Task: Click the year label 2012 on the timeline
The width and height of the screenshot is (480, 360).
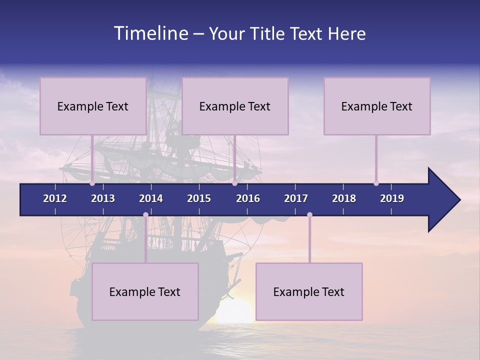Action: coord(55,198)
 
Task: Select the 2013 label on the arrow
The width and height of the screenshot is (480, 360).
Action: coord(103,198)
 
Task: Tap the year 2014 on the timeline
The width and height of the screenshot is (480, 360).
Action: coord(151,198)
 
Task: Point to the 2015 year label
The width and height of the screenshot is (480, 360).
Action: coord(199,198)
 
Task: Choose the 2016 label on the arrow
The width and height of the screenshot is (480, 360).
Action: coord(248,198)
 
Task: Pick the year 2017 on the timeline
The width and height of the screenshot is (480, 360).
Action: coord(296,198)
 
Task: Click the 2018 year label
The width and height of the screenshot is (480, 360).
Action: coord(344,198)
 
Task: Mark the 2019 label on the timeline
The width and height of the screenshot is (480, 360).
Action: coord(392,198)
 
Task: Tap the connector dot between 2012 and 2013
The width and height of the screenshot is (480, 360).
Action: coord(92,183)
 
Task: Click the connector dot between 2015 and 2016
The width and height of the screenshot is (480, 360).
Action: coord(234,183)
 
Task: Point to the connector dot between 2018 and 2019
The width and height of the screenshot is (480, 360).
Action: coord(376,183)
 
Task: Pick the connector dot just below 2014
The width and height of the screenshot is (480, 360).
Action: coord(145,215)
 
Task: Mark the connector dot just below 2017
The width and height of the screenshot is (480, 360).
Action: coord(309,215)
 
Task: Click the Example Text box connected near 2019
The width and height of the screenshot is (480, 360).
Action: coord(377,106)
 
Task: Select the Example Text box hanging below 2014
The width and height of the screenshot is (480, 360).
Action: coord(145,292)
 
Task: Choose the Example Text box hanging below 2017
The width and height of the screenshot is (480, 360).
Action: coord(309,292)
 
